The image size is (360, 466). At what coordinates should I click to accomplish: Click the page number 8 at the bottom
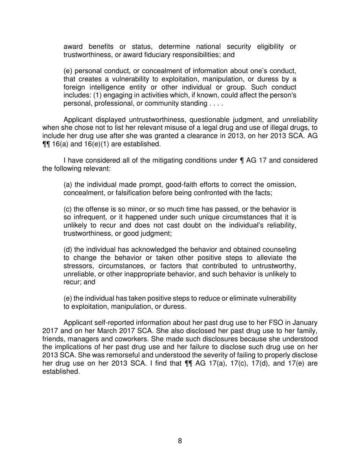pyautogui.click(x=180, y=441)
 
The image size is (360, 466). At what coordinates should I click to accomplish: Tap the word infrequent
pyautogui.click(x=88, y=217)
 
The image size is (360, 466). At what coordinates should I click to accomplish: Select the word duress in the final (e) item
pyautogui.click(x=176, y=306)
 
